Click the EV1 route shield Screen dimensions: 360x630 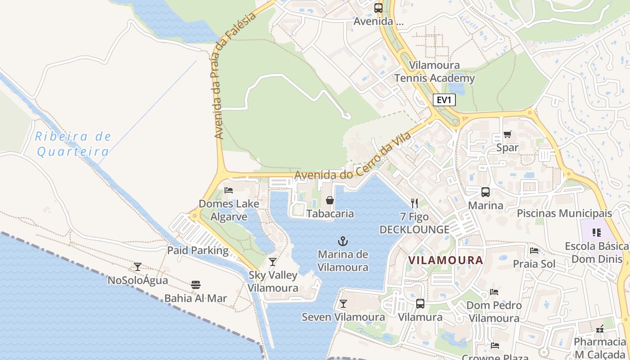pos(444,100)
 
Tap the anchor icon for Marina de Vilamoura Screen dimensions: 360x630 pos(343,242)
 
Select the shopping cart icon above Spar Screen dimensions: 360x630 pos(507,134)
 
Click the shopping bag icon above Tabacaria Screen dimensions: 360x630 pos(330,200)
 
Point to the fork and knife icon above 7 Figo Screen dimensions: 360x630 pos(414,203)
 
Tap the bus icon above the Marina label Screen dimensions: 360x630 pos(486,192)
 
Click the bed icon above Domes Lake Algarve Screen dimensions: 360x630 pos(229,190)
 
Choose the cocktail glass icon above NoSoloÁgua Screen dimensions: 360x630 pos(138,267)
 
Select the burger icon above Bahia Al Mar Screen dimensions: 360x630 pos(195,285)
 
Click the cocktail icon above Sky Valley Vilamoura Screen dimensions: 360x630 pos(273,262)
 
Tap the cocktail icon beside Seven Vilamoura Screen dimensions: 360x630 pos(343,304)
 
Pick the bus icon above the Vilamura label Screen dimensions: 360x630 pos(420,304)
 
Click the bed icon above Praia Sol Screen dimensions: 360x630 pos(534,251)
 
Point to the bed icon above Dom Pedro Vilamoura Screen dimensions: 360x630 pos(494,292)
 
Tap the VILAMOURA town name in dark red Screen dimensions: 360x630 pos(445,260)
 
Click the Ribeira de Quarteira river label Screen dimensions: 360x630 pos(73,144)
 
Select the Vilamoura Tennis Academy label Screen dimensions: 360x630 pos(435,72)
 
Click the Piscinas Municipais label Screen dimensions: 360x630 pos(564,213)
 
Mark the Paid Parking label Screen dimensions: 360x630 pos(198,250)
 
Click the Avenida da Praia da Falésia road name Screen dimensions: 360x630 pos(234,76)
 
